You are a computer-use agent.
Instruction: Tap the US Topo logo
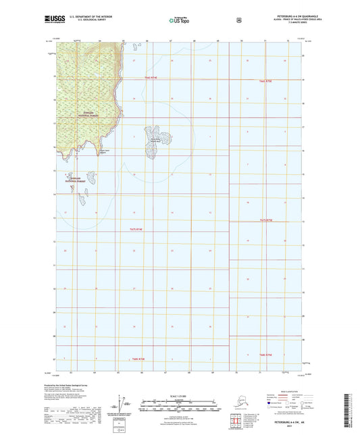[x=179, y=21]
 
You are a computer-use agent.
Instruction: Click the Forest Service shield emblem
[x=238, y=20]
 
